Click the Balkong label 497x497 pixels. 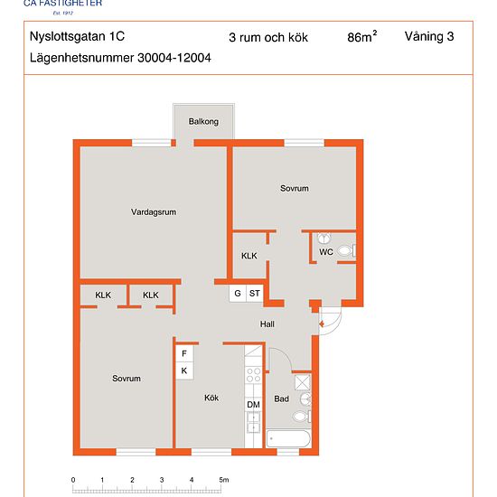click(203, 121)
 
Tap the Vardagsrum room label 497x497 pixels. click(154, 212)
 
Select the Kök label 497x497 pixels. click(211, 398)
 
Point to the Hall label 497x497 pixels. click(267, 324)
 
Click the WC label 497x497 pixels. click(326, 252)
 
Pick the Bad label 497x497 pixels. click(281, 399)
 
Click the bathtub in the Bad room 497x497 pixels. click(288, 438)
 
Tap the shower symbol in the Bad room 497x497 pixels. click(303, 382)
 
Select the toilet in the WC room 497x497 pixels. click(347, 250)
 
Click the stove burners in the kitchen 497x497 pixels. click(254, 375)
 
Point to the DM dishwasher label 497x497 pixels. click(253, 405)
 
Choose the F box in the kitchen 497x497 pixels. click(184, 353)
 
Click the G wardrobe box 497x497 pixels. click(238, 294)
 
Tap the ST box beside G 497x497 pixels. click(255, 294)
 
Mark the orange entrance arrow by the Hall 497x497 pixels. click(322, 324)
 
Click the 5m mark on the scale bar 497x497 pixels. click(223, 480)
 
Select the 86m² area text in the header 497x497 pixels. click(362, 36)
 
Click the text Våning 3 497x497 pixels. click(429, 37)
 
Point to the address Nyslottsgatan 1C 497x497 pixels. click(77, 36)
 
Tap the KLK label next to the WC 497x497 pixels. click(249, 256)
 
